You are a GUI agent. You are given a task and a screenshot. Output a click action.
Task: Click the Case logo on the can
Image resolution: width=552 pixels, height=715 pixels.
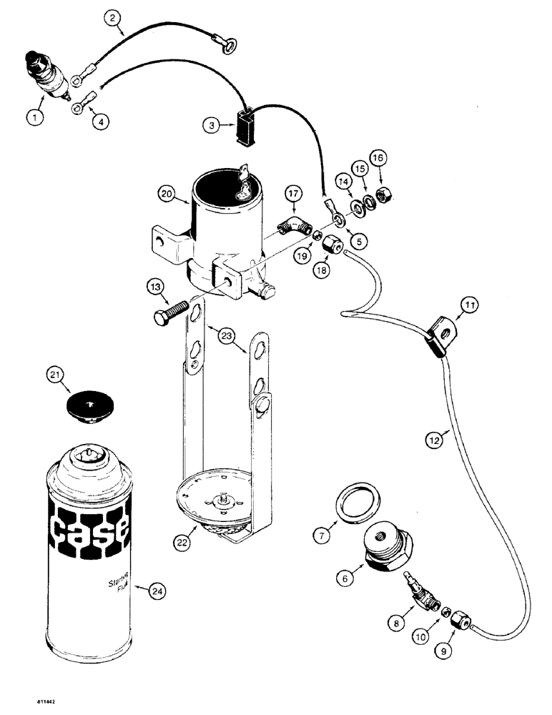[x=89, y=529]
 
